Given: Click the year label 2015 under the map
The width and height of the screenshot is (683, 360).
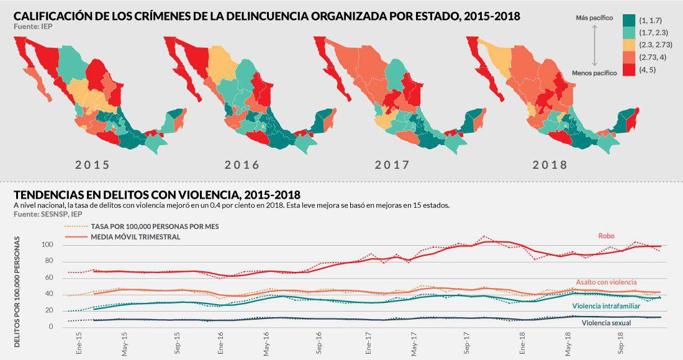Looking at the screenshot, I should coord(93,165).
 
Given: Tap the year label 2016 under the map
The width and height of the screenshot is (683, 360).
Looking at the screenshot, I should coord(242,165).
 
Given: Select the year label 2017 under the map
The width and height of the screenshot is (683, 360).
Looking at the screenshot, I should coord(392,165).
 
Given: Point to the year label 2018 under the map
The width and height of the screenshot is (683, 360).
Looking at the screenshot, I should coord(550,165).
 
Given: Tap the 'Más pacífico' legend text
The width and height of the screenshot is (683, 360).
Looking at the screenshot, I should coord(595,19).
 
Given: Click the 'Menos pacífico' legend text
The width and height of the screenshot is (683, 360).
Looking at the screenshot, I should coord(594,73).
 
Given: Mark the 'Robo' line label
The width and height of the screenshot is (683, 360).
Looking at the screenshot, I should coord(607,235).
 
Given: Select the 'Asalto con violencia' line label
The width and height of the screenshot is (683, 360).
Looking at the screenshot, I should coord(606,282).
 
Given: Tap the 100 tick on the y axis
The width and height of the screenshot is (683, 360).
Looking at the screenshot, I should coord(48,245).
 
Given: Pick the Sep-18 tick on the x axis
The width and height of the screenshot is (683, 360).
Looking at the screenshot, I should coord(620,342).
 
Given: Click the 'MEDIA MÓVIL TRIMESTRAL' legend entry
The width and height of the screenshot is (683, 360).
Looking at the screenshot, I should coord(135,237).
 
